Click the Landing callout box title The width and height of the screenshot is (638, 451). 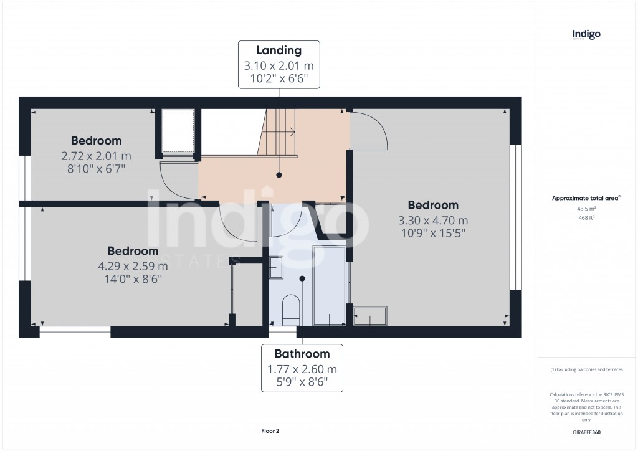279,50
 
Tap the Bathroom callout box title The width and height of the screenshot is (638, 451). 302,354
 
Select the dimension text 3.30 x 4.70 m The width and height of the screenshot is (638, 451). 433,220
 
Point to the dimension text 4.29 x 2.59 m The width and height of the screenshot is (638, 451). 133,266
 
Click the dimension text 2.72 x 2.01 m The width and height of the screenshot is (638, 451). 96,155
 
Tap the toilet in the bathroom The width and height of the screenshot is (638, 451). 291,309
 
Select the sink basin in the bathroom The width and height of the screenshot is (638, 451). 276,263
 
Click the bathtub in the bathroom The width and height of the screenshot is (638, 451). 328,285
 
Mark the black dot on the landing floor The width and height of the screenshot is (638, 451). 279,175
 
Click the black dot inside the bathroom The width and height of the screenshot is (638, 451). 302,278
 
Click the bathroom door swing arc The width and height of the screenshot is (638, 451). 288,221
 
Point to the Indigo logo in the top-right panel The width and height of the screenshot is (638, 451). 586,34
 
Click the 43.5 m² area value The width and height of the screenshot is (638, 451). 586,209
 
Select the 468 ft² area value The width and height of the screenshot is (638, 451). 586,218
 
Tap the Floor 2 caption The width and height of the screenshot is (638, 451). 270,430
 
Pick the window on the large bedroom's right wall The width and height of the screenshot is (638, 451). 515,217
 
